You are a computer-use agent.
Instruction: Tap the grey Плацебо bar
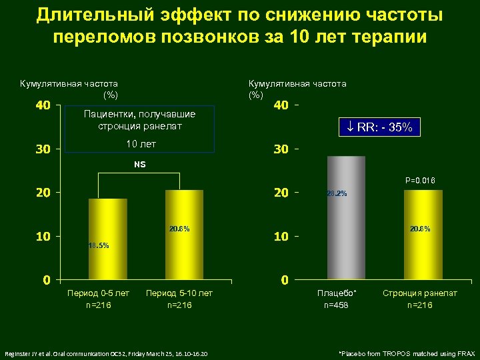[346, 217]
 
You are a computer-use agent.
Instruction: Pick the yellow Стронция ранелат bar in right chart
[423, 233]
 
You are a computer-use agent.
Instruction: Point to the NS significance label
[140, 164]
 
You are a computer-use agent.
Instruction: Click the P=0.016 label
[420, 181]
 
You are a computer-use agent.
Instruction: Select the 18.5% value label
[98, 245]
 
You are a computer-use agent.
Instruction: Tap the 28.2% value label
[337, 194]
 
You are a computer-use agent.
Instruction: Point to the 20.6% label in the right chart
[420, 229]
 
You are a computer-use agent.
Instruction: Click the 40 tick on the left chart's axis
[43, 106]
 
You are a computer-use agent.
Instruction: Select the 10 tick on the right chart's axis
[281, 237]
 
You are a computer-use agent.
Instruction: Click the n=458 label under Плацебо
[337, 305]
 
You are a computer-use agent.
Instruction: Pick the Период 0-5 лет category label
[99, 293]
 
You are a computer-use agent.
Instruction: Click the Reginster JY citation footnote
[107, 353]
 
